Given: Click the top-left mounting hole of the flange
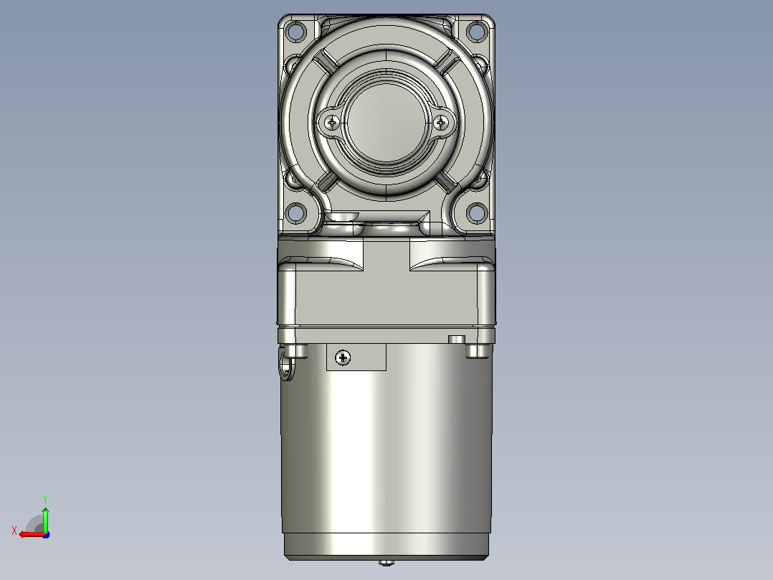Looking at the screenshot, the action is (295, 32).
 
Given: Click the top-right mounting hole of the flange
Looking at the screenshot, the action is (477, 32).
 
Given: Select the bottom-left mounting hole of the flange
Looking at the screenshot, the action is (295, 212).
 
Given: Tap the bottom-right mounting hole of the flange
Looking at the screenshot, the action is (477, 212).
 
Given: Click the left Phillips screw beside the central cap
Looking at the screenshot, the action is (332, 122).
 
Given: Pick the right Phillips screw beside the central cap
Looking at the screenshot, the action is (441, 122).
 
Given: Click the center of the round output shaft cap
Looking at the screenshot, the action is (386, 122).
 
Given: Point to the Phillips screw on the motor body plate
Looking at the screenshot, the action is (343, 357).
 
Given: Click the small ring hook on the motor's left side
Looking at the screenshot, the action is (286, 366).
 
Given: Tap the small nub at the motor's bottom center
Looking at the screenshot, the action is (386, 562).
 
